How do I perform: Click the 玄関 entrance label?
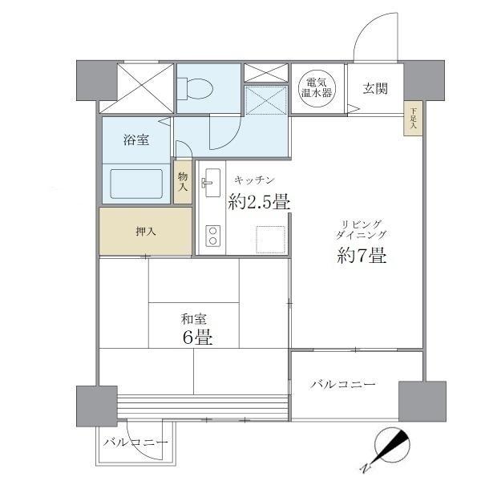[x=374, y=88]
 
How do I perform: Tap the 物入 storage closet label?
[x=183, y=181]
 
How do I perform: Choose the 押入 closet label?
[x=146, y=231]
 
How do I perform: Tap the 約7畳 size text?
[x=362, y=257]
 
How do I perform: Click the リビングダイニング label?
[x=362, y=229]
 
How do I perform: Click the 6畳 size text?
[x=196, y=338]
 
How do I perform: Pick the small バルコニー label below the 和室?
[x=135, y=443]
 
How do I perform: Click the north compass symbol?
[x=392, y=446]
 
